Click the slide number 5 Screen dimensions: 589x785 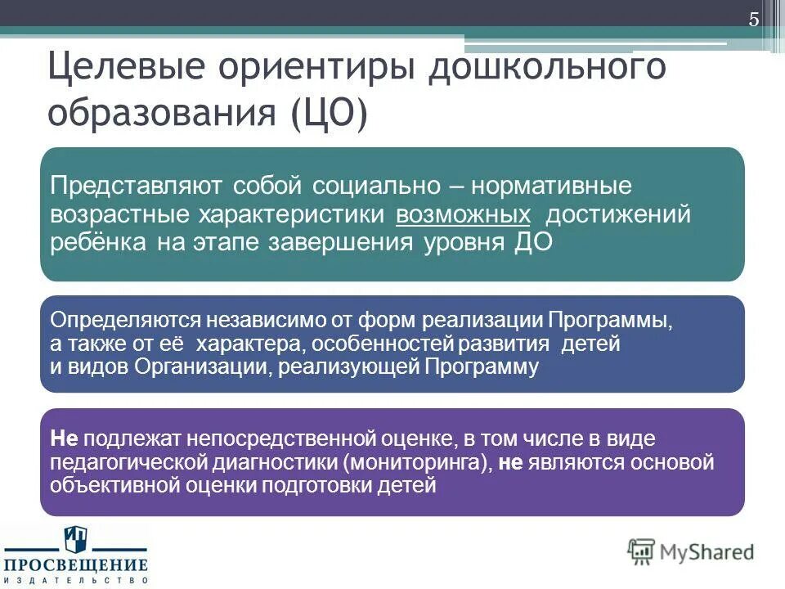pos(754,20)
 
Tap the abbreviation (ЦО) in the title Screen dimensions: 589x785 pos(328,115)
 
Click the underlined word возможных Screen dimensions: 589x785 pos(463,214)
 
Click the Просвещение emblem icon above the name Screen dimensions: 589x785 pos(74,541)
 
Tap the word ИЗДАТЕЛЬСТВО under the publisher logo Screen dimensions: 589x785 pos(74,579)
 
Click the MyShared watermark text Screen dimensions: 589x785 pos(708,552)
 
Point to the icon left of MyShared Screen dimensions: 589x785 pos(642,552)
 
